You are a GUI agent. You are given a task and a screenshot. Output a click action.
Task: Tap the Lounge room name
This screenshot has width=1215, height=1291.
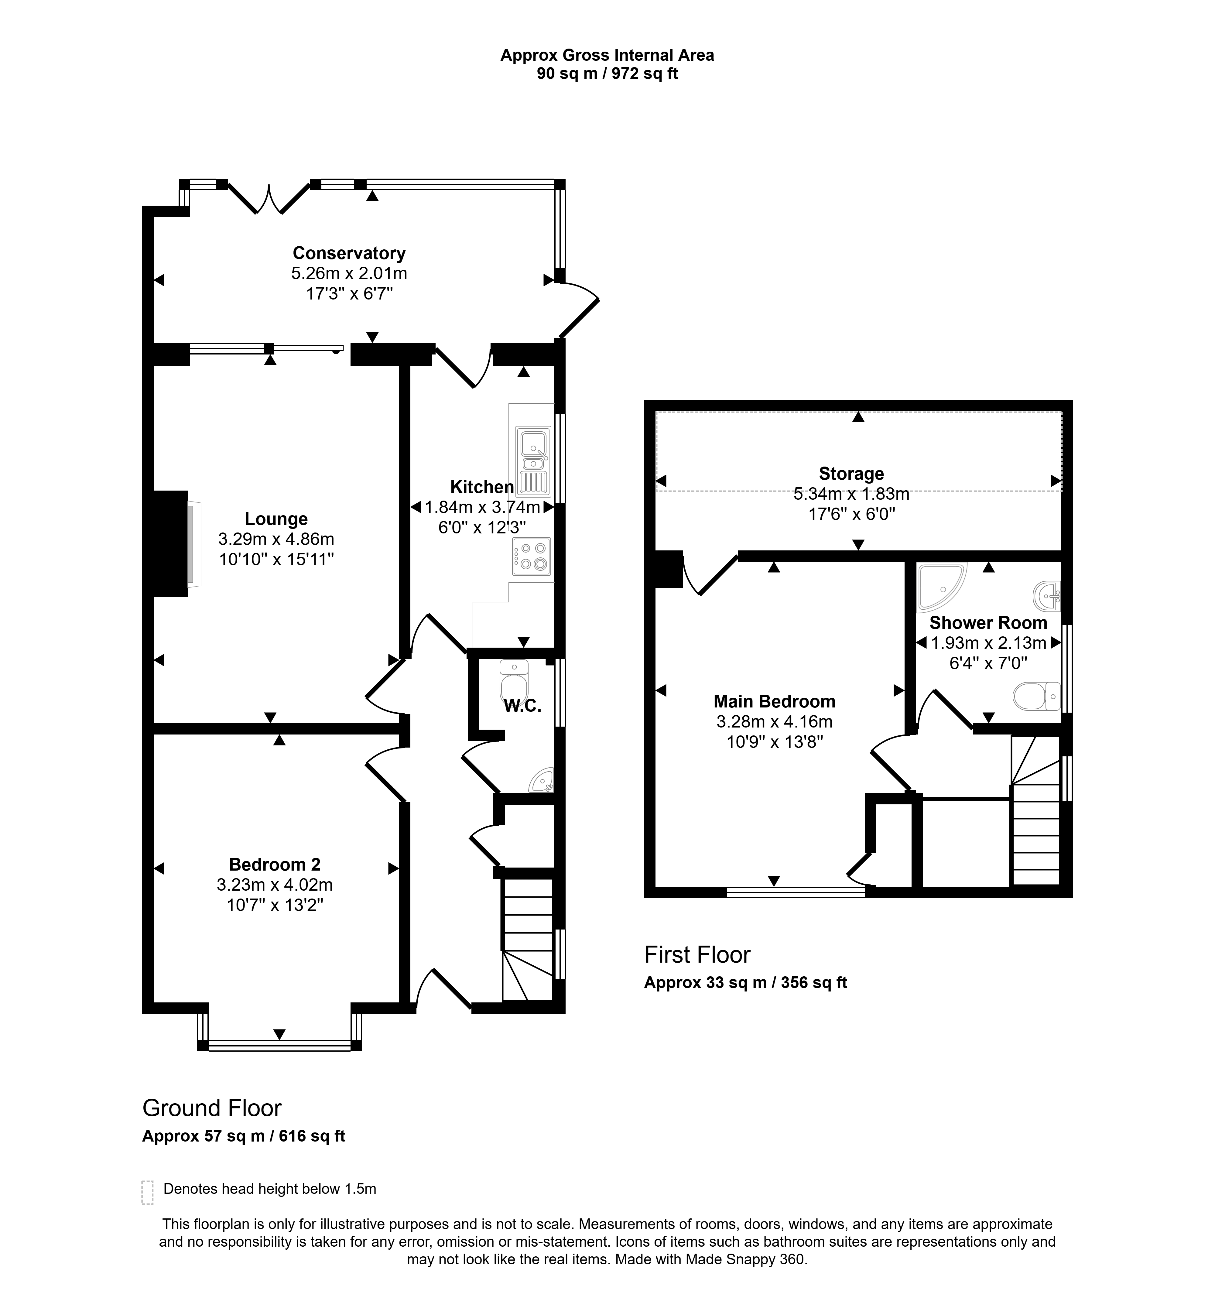(276, 519)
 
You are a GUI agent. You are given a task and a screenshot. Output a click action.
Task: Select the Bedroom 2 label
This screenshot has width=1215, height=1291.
(275, 864)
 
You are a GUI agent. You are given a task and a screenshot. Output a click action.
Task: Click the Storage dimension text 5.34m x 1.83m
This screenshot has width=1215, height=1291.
(851, 494)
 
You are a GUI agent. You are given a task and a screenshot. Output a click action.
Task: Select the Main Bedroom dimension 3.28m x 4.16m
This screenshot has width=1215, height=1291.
(774, 721)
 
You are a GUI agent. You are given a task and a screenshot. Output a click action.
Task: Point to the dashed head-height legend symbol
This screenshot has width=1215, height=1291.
(147, 1192)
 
